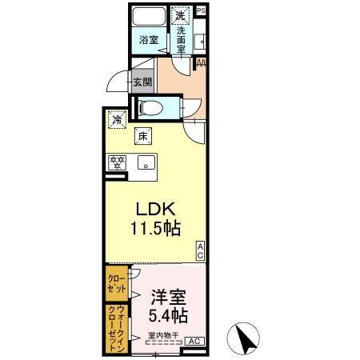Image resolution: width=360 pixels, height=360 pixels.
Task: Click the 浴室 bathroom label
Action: pyautogui.click(x=147, y=39)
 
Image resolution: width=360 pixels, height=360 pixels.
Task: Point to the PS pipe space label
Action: pyautogui.click(x=201, y=10)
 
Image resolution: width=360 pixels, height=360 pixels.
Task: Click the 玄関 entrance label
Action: pyautogui.click(x=142, y=81)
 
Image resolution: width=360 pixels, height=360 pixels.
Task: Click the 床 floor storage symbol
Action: pyautogui.click(x=144, y=136)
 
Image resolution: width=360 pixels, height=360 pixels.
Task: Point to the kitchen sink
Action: pyautogui.click(x=146, y=164)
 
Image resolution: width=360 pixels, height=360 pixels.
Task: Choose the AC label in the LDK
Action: pyautogui.click(x=201, y=250)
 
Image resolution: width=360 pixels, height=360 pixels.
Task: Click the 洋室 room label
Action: pyautogui.click(x=166, y=294)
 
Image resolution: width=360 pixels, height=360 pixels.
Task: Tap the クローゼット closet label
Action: pyautogui.click(x=114, y=285)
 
